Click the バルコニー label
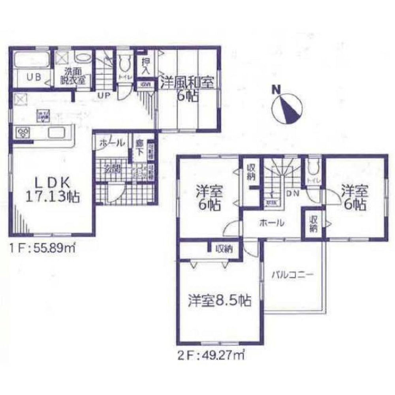point(292,274)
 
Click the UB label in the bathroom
point(34,77)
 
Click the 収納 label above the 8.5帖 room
point(224,249)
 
